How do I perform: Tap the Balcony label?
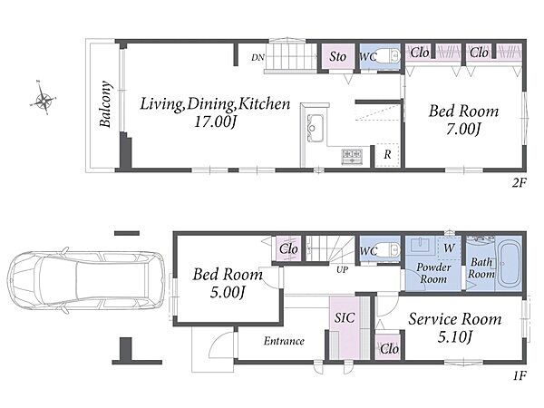tap(106, 104)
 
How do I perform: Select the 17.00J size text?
tap(215, 121)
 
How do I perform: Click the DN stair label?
tap(257, 58)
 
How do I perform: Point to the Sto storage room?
tap(337, 56)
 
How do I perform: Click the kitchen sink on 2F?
tap(315, 128)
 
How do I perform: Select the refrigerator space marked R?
tap(387, 155)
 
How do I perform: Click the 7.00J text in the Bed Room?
tap(463, 129)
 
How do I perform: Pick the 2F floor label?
tap(519, 183)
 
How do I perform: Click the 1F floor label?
tap(520, 375)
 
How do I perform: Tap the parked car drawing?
tap(85, 280)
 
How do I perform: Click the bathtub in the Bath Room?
tap(510, 266)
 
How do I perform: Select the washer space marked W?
tap(449, 248)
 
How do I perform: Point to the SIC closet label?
tap(345, 317)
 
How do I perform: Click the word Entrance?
tap(284, 341)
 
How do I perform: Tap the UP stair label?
tap(342, 269)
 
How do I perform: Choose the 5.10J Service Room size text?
tap(455, 336)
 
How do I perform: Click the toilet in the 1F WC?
tap(389, 249)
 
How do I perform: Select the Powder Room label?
tap(433, 273)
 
